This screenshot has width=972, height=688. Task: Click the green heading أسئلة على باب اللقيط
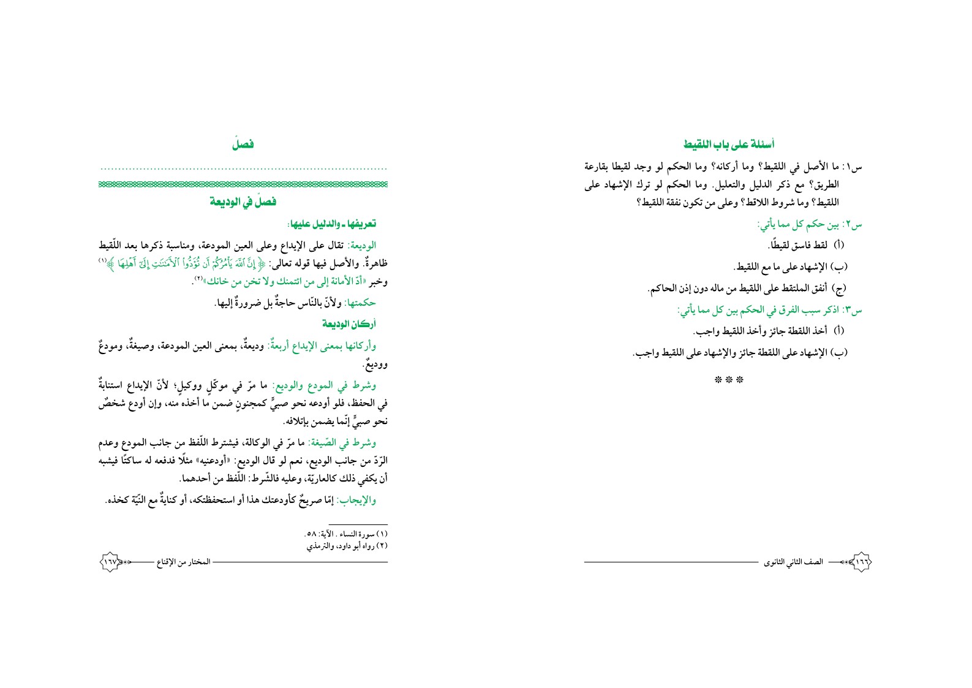(728, 145)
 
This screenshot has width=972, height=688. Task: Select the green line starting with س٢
(809, 225)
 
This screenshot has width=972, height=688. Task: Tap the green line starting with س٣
(769, 311)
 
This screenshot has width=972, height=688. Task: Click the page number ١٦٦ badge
(861, 561)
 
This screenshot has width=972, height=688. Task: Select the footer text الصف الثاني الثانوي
(793, 562)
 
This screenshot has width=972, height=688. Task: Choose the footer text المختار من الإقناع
(184, 562)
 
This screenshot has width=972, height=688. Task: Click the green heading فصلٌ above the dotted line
(243, 145)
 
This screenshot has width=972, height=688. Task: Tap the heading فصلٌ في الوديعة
(243, 202)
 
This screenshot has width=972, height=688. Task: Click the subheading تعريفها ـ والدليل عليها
(331, 224)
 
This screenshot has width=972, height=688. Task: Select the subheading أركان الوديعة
(348, 323)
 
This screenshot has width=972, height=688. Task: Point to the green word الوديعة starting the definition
(361, 246)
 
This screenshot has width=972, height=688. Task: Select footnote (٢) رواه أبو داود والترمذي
(347, 545)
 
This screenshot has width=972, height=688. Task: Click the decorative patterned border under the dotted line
(243, 183)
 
